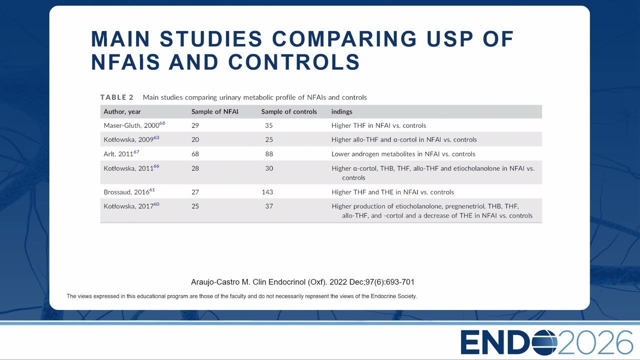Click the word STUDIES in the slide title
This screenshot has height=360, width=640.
coord(210,39)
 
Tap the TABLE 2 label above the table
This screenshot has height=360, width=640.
coord(117,97)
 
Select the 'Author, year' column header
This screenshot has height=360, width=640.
coord(122,111)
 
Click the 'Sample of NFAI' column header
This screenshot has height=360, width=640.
coord(214,111)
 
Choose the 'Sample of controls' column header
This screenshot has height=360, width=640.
coord(289,111)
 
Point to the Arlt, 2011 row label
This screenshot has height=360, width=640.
coord(121,153)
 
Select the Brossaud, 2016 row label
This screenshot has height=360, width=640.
coord(129,191)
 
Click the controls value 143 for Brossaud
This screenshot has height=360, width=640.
coord(267,192)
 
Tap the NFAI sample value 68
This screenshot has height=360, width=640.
coord(195,154)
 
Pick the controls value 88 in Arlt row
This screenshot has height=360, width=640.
coord(269,154)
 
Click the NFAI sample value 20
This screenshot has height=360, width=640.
coord(195,139)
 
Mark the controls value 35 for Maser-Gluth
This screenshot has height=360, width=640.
coord(269,125)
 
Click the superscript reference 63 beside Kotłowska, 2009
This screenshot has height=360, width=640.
coord(156,137)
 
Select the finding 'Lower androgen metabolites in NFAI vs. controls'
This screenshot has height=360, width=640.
coord(403,154)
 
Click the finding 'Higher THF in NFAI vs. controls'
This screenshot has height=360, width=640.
coord(378,125)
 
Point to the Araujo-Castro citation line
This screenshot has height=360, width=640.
coord(302,282)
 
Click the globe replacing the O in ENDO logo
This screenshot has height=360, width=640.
coord(544,342)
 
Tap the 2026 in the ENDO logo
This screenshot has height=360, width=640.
coord(595,342)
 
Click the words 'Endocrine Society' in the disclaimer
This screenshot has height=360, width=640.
coord(393,296)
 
